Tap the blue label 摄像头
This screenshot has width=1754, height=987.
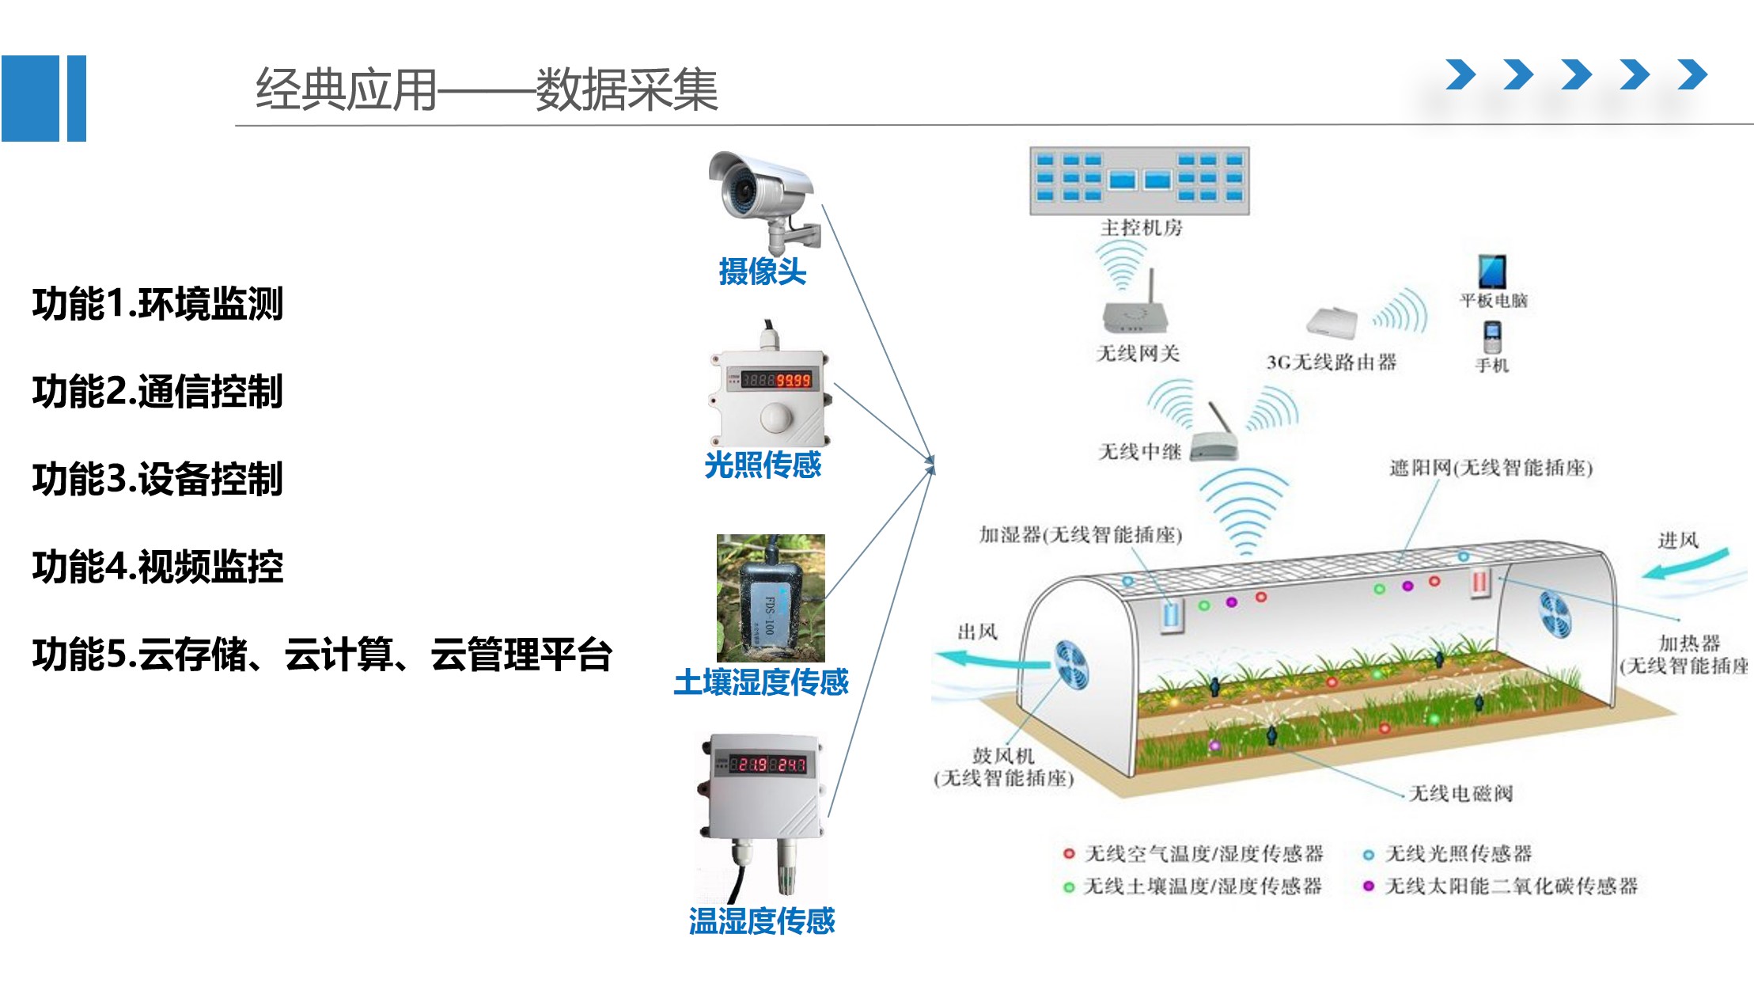[x=762, y=271]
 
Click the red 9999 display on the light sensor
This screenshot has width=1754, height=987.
[x=793, y=381]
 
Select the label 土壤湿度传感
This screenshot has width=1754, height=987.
[x=761, y=682]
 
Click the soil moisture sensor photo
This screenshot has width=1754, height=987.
[x=771, y=598]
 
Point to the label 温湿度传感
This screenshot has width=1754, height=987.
[x=762, y=921]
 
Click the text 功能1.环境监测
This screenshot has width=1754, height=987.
[x=157, y=304]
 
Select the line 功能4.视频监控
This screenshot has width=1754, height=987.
[x=157, y=567]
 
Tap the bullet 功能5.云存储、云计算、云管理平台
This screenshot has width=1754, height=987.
[x=322, y=655]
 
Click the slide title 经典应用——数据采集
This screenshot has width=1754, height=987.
[x=486, y=89]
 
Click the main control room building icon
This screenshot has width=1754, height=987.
[x=1139, y=180]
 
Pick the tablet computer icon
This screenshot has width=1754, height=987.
[x=1492, y=271]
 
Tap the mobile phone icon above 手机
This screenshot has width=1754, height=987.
[x=1492, y=337]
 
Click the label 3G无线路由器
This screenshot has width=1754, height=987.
[x=1332, y=363]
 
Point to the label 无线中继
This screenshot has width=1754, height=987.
[x=1139, y=452]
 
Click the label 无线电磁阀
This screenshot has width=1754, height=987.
[x=1460, y=793]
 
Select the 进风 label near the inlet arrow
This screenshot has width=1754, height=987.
[x=1678, y=541]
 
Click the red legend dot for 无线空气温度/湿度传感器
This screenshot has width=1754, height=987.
[x=1069, y=854]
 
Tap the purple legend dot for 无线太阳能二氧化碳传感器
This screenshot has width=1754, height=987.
[x=1369, y=886]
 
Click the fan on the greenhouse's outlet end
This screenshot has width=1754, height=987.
[x=1071, y=663]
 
